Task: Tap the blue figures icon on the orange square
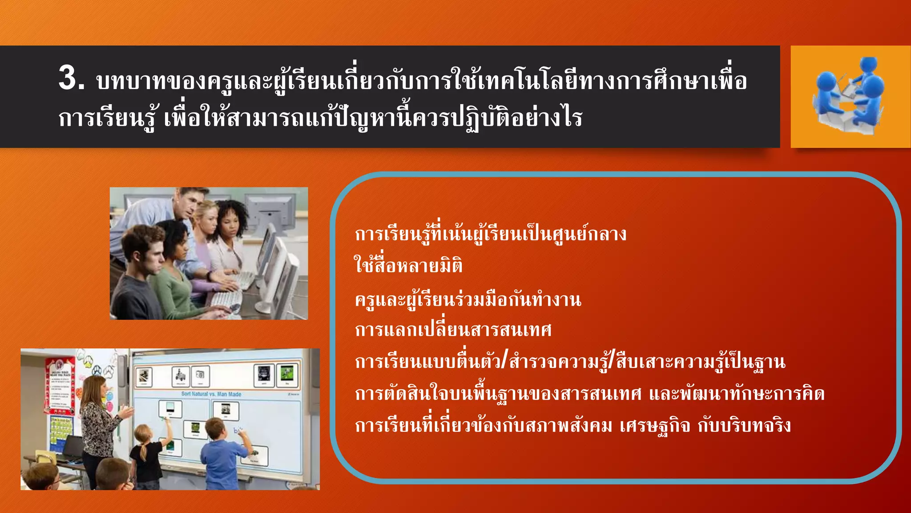850,96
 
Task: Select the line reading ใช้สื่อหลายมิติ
408,265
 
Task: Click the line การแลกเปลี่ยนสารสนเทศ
453,330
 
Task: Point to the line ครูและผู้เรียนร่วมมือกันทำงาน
468,299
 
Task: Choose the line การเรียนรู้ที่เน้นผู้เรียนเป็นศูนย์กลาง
490,234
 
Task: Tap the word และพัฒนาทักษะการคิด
737,394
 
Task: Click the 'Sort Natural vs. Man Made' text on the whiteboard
211,394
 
